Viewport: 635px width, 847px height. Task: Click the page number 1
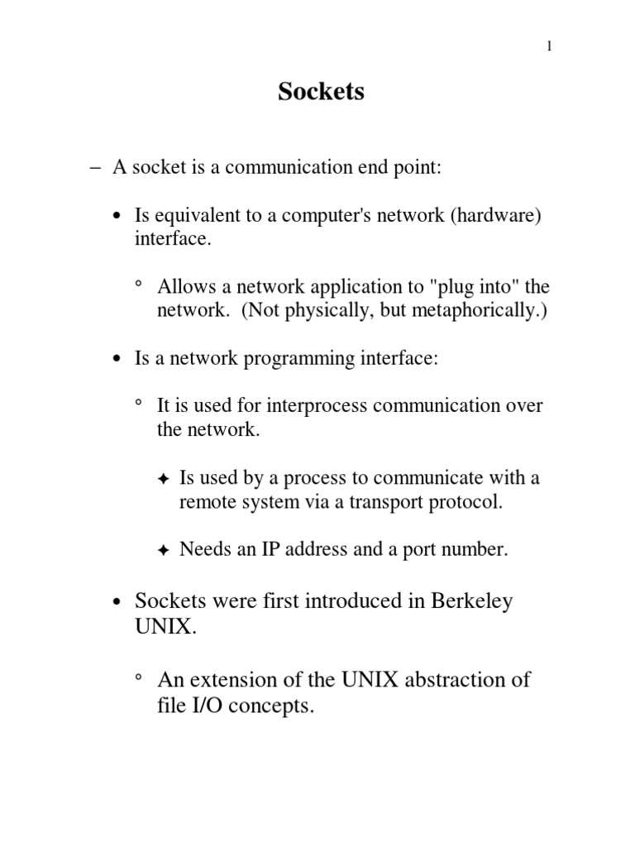coord(549,46)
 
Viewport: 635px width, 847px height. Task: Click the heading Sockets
coord(321,92)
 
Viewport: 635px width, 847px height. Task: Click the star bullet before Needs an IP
coord(163,550)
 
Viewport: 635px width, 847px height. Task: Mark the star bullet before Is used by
coord(163,479)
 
